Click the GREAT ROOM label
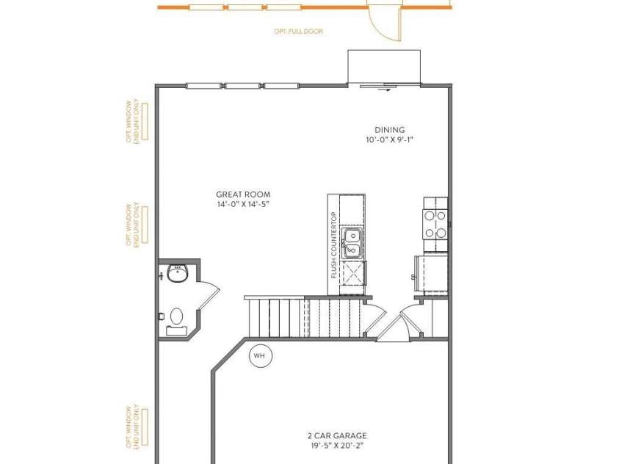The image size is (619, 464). pyautogui.click(x=243, y=195)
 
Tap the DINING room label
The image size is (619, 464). pyautogui.click(x=390, y=130)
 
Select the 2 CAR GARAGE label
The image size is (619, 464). pyautogui.click(x=337, y=435)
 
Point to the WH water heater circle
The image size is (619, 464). pyautogui.click(x=260, y=356)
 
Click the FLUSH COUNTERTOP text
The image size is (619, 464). pyautogui.click(x=334, y=244)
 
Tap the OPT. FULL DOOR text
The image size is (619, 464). pyautogui.click(x=298, y=32)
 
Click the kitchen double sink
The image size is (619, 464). pyautogui.click(x=351, y=243)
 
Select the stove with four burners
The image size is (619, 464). pyautogui.click(x=435, y=224)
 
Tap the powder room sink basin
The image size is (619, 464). pyautogui.click(x=178, y=273)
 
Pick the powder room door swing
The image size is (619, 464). pyautogui.click(x=208, y=294)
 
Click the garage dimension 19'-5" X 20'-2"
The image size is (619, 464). pyautogui.click(x=337, y=446)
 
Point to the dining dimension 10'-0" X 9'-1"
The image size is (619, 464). pyautogui.click(x=390, y=139)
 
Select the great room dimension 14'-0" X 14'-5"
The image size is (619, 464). pyautogui.click(x=243, y=204)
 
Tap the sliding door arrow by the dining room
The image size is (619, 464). pyautogui.click(x=385, y=90)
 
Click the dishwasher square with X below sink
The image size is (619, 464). pyautogui.click(x=352, y=272)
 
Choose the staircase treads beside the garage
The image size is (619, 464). pyautogui.click(x=304, y=318)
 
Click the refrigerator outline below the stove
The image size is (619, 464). pyautogui.click(x=432, y=275)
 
